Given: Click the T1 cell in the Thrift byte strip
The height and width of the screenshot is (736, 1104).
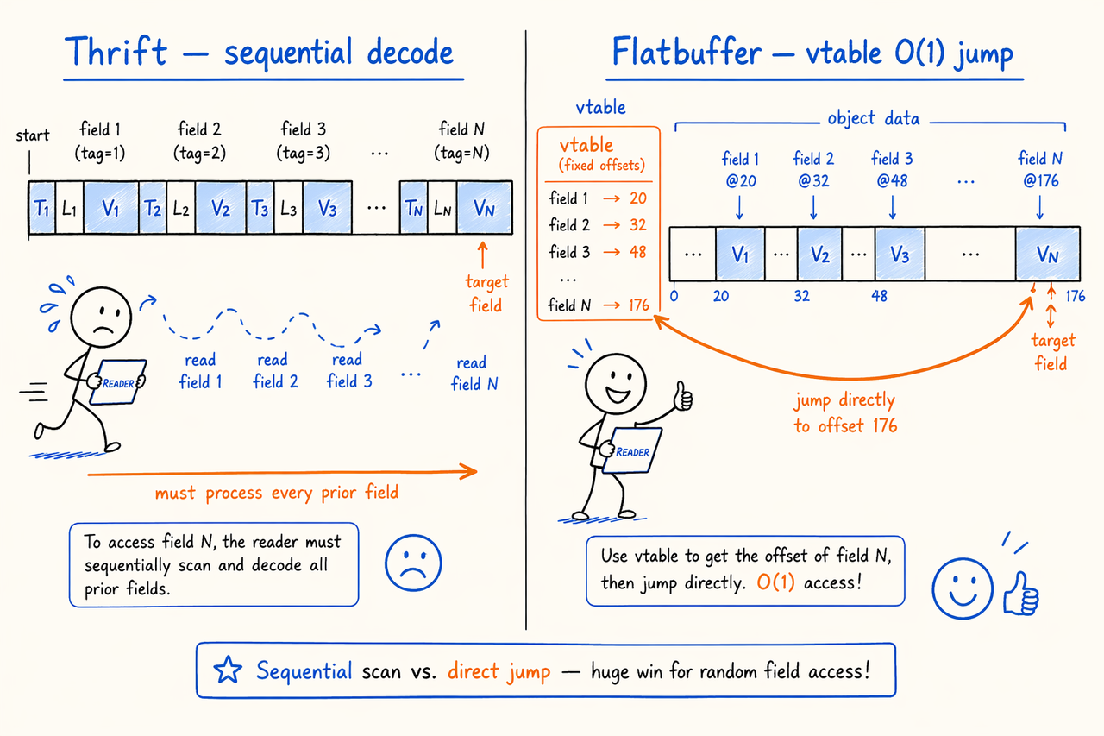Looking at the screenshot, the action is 42,208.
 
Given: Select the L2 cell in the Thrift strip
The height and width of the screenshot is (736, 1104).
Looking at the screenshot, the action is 181,208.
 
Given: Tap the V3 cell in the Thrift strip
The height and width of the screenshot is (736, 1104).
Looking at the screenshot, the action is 327,208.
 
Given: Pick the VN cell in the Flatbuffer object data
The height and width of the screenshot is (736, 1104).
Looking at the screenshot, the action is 1048,254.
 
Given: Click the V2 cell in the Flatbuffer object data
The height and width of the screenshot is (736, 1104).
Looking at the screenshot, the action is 819,254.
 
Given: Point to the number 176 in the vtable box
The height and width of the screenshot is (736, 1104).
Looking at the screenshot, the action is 639,305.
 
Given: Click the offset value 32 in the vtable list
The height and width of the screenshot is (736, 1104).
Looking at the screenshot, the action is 637,225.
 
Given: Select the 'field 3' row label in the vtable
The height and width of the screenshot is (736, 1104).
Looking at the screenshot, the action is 569,252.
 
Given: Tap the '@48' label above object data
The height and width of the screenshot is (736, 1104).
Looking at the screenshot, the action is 892,180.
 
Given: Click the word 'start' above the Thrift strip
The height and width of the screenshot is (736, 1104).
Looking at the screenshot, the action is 33,135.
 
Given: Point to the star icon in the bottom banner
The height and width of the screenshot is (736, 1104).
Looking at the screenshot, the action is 228,670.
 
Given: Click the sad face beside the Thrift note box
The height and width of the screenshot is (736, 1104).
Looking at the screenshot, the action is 413,563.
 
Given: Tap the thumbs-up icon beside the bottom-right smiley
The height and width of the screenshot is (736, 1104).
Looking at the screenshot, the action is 1021,594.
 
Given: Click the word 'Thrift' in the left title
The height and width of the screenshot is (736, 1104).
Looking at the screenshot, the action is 116,51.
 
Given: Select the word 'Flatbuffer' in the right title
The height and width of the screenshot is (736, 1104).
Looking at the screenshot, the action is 687,51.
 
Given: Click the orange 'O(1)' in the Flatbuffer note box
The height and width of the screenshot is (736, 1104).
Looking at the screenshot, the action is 775,582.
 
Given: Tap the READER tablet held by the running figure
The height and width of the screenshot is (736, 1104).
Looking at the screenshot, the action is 118,382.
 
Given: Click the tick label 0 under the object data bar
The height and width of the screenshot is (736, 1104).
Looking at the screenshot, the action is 674,296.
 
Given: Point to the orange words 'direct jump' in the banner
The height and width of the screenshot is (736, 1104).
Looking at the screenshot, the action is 499,671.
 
